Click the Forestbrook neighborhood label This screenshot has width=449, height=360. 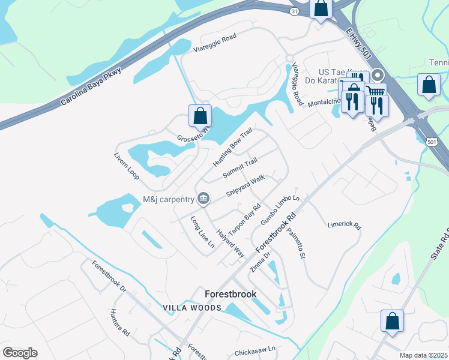click(231, 294)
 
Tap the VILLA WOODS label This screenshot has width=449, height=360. click(192, 308)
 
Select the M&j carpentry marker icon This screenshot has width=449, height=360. click(203, 198)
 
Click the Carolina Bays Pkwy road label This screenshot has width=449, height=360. click(91, 87)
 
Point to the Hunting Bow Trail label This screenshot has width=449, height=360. click(232, 149)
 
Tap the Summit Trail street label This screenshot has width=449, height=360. click(240, 167)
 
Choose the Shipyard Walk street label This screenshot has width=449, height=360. click(246, 186)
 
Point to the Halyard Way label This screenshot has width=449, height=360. click(231, 244)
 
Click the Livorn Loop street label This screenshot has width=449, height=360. click(127, 165)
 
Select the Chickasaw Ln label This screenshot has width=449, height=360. click(255, 348)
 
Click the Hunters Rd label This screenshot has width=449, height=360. click(120, 322)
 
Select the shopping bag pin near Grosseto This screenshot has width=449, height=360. click(200, 115)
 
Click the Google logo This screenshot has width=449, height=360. click(20, 353)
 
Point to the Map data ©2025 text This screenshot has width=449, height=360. click(423, 355)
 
